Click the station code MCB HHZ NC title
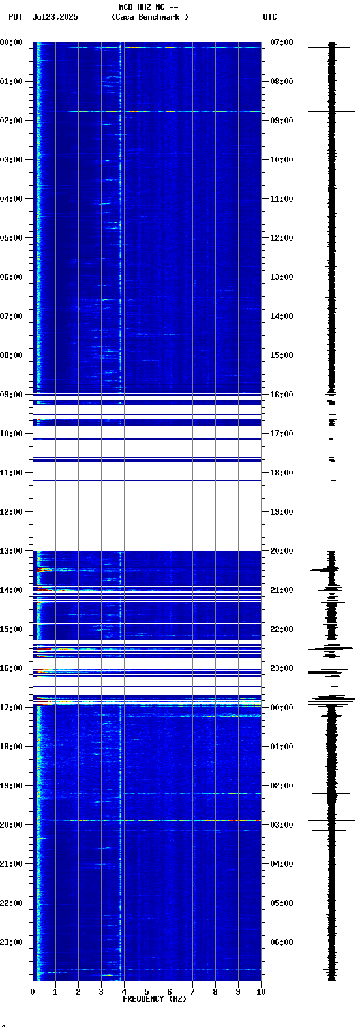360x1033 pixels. [148, 7]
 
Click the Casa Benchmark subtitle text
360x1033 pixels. [150, 17]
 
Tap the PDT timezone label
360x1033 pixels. [16, 17]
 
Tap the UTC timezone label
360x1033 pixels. [270, 17]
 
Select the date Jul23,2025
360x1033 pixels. [55, 17]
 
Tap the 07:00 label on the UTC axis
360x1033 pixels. [282, 42]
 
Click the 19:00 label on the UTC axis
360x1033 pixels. [282, 512]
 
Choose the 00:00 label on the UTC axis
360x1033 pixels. [282, 708]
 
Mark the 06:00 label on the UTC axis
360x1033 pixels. [282, 942]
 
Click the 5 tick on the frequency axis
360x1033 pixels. [147, 992]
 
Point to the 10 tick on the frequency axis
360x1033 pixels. [261, 992]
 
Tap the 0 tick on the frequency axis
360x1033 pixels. [33, 992]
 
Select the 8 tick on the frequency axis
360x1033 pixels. [215, 992]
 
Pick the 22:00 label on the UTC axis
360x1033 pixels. [282, 629]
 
